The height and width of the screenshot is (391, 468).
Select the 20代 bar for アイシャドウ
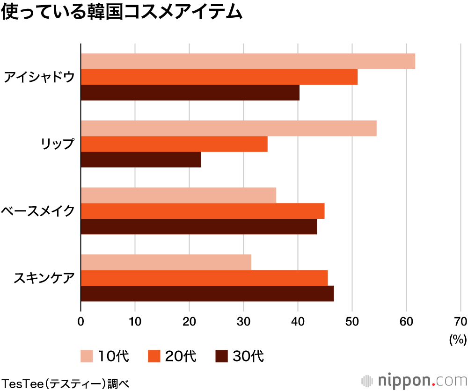click(219, 77)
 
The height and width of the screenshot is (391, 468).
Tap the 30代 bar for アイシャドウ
click(190, 93)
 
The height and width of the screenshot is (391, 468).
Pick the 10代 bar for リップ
click(228, 128)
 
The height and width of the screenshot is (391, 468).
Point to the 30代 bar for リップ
click(141, 159)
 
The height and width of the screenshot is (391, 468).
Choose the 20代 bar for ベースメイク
click(203, 211)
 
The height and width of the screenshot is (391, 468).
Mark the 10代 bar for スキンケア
click(166, 262)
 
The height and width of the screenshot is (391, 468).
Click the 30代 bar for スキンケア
click(207, 293)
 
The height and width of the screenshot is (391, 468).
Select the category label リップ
click(57, 144)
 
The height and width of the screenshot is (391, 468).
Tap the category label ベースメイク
click(38, 211)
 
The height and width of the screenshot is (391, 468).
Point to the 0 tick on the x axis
click(81, 321)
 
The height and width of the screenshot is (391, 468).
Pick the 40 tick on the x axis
click(298, 321)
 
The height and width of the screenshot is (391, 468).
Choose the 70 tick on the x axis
click(460, 321)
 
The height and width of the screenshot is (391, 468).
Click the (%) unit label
click(458, 339)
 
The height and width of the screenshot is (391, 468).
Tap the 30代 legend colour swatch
click(221, 356)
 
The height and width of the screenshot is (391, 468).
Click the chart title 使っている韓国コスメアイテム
click(122, 13)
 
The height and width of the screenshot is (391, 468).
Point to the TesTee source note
click(65, 382)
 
